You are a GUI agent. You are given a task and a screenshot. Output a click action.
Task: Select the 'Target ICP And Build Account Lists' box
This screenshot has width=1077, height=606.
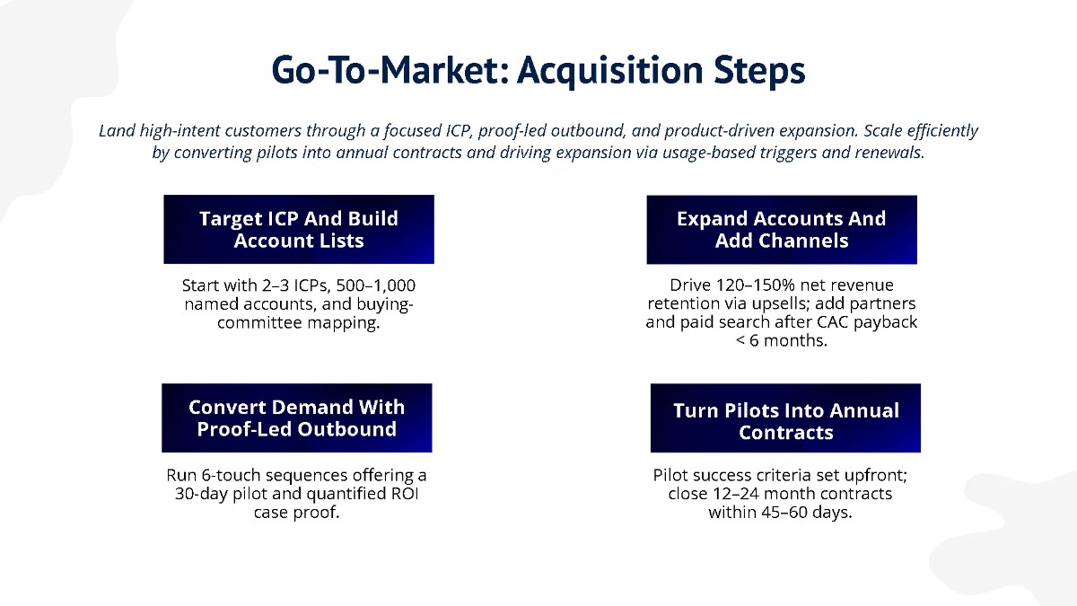click(299, 230)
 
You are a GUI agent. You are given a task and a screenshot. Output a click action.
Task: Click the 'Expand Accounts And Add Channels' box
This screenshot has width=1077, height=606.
click(782, 230)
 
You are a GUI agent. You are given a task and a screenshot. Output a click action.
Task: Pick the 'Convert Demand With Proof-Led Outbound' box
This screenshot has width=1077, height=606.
click(297, 418)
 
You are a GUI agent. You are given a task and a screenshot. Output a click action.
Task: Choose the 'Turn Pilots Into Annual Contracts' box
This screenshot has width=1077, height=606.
click(785, 421)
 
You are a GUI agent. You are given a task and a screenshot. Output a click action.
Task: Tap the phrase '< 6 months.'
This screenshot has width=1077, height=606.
click(782, 340)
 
